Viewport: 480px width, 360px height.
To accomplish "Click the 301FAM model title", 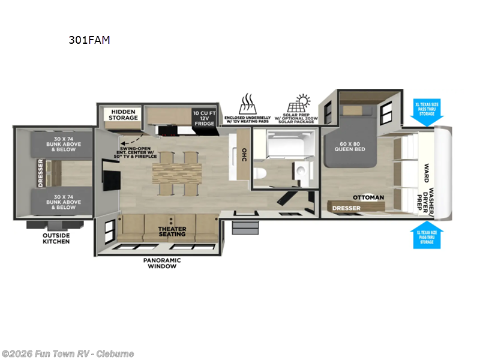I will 89,41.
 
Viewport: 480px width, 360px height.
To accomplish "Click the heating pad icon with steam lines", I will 248,103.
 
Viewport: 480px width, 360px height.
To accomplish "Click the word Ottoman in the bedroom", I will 368,197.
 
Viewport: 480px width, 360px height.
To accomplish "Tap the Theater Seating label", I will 172,232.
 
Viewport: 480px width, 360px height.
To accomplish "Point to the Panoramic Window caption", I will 161,263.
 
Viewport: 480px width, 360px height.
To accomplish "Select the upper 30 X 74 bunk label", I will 63,143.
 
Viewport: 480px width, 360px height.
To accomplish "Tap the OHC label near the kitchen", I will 243,155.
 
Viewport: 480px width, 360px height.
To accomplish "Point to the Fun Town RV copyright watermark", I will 68,353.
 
